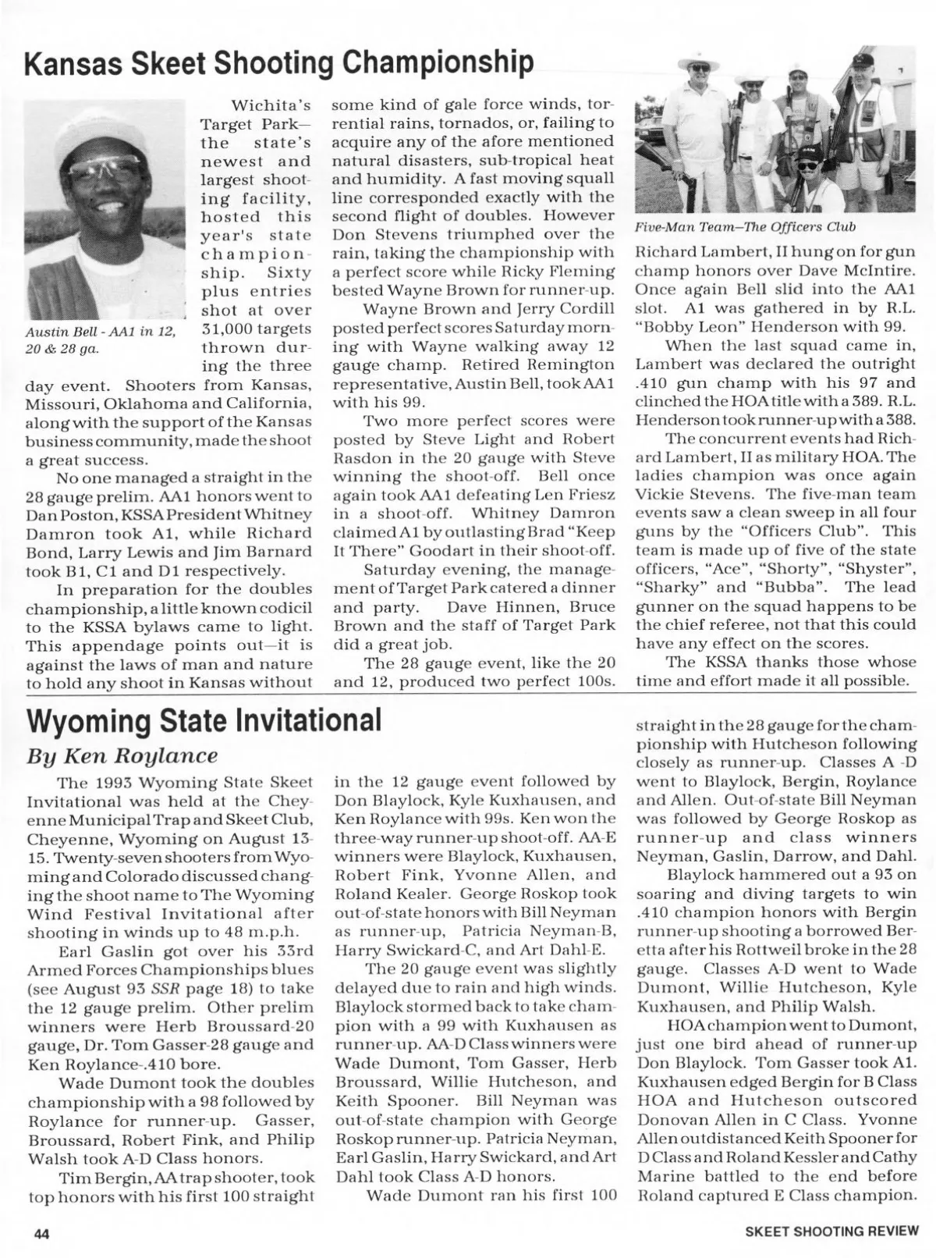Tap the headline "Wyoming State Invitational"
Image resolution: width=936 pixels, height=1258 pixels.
(204, 720)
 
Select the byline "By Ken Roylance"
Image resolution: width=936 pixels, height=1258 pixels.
(122, 755)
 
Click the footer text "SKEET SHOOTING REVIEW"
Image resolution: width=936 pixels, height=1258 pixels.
(831, 1233)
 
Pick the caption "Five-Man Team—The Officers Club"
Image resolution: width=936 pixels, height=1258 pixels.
(745, 227)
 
